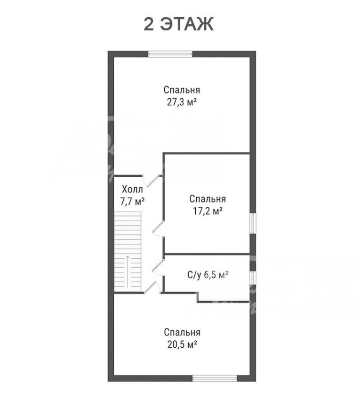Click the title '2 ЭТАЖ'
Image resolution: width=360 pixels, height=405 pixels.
(x=179, y=24)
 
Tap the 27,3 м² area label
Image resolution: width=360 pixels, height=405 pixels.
(x=182, y=102)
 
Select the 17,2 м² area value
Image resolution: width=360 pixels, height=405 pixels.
(x=208, y=212)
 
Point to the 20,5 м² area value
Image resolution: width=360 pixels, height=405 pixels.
(x=182, y=344)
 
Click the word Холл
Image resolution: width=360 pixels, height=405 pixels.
(x=132, y=189)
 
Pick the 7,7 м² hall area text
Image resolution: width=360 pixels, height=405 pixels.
(x=132, y=201)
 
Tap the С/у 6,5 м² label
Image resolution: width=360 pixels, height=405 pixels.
(x=208, y=275)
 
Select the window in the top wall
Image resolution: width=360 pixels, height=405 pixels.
(x=170, y=54)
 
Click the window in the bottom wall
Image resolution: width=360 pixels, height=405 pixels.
(x=215, y=378)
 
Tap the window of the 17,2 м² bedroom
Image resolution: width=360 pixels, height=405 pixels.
(x=253, y=223)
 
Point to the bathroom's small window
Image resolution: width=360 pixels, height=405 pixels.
(x=253, y=278)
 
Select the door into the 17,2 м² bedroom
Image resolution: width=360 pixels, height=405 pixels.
(x=158, y=229)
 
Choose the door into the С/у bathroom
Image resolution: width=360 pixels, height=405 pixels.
(x=158, y=268)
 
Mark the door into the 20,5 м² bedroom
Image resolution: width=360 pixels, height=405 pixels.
(x=152, y=287)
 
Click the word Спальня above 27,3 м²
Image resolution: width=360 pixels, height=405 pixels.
(x=182, y=90)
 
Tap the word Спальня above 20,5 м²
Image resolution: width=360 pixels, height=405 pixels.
(x=182, y=332)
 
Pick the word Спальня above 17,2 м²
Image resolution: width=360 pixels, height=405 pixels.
(x=208, y=199)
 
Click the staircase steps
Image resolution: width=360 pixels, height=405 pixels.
(x=128, y=252)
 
